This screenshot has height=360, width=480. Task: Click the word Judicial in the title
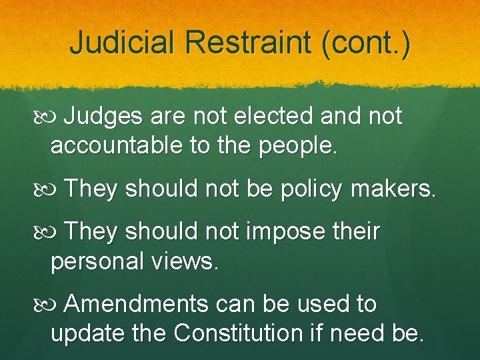click(x=123, y=43)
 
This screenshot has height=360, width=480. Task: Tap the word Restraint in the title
click(x=249, y=43)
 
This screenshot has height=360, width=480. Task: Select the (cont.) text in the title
click(x=366, y=43)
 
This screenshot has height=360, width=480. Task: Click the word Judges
click(x=103, y=117)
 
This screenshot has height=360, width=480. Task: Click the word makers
click(x=400, y=189)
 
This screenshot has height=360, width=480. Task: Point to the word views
click(x=189, y=261)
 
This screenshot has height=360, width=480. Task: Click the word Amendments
click(x=137, y=304)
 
